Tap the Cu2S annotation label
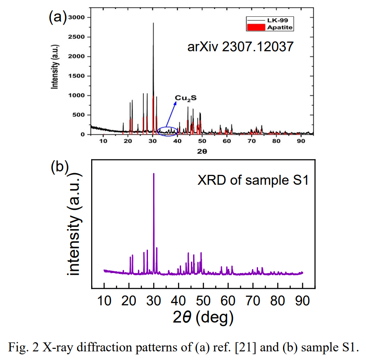click(182, 99)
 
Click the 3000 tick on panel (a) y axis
click(77, 17)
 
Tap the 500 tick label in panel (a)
click(80, 115)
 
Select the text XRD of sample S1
click(253, 180)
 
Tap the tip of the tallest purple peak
click(154, 174)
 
